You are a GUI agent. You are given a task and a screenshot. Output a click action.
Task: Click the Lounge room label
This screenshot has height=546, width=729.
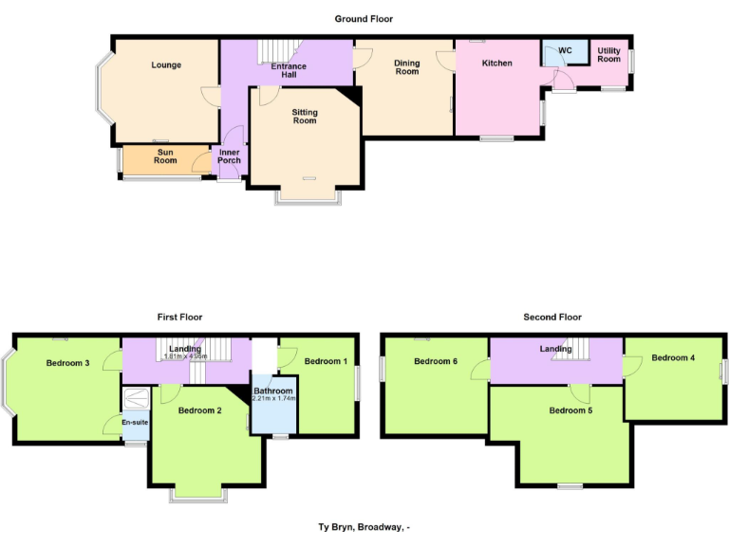tap(166, 65)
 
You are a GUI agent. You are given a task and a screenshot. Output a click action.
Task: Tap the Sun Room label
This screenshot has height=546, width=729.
tap(166, 156)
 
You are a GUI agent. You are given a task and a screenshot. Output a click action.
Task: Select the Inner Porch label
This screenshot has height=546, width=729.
tap(229, 156)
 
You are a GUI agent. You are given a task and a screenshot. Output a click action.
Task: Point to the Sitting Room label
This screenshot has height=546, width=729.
tap(305, 117)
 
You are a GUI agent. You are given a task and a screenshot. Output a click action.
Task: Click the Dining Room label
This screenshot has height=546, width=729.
tap(406, 67)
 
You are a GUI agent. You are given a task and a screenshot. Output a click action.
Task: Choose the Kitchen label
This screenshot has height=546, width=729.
tap(496, 64)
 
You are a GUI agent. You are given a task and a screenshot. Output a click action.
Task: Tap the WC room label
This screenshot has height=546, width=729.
tap(565, 50)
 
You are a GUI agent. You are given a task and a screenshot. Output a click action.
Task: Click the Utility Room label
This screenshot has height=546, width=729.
tap(608, 55)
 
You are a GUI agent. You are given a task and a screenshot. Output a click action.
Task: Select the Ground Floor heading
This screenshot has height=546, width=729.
tap(364, 19)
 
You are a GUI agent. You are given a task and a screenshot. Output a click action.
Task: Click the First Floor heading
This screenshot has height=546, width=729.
tap(179, 318)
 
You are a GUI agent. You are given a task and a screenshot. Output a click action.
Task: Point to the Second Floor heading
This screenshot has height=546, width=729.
tap(552, 318)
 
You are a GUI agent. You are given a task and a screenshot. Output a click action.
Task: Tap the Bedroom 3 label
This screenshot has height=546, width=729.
tap(67, 363)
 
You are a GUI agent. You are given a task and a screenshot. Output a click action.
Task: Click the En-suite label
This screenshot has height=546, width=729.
tap(134, 423)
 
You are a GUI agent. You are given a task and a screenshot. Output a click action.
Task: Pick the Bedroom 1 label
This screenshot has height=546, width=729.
tap(326, 361)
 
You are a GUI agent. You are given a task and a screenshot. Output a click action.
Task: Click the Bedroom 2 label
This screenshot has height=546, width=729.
tap(199, 410)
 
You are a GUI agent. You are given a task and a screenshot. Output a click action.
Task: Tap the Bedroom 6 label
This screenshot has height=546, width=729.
tap(436, 361)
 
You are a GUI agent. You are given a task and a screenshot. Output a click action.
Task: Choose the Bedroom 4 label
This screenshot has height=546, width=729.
tap(673, 357)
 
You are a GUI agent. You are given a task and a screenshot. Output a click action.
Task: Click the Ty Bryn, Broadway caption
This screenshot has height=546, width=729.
tap(364, 528)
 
